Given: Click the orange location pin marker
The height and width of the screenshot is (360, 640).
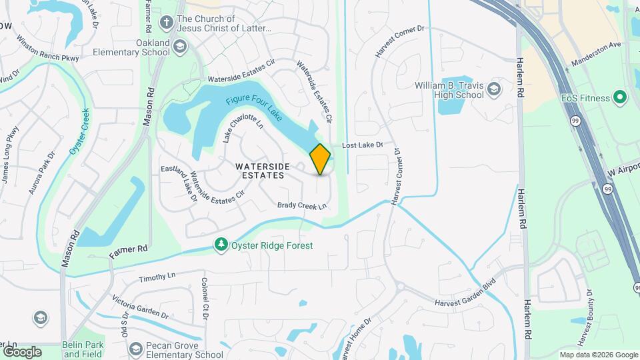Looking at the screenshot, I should pyautogui.click(x=321, y=159).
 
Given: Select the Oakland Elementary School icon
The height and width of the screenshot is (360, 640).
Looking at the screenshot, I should pyautogui.click(x=179, y=46).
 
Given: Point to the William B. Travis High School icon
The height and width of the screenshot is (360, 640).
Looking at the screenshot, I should pyautogui.click(x=493, y=89).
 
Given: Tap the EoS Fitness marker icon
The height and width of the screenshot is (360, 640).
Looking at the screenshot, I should pyautogui.click(x=620, y=98).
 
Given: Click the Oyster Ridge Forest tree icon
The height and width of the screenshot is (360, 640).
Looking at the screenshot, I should pyautogui.click(x=221, y=245).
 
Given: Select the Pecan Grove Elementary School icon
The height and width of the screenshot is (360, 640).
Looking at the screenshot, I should pyautogui.click(x=135, y=349).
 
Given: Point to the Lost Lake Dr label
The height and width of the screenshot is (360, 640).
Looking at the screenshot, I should pyautogui.click(x=363, y=145).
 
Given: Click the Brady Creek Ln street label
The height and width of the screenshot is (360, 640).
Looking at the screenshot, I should pyautogui.click(x=303, y=206).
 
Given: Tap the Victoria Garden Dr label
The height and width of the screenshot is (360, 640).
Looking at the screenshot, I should pyautogui.click(x=140, y=303).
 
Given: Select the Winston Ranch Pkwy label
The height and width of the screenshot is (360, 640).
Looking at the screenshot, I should pyautogui.click(x=49, y=49).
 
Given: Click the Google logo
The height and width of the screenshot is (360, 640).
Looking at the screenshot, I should pyautogui.click(x=22, y=351).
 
